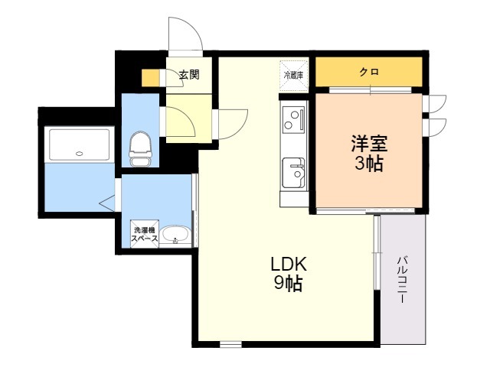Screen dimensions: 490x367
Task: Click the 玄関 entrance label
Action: pyautogui.click(x=189, y=75)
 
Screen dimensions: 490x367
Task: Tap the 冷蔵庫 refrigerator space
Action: pyautogui.click(x=294, y=75)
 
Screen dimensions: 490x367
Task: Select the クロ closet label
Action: pyautogui.click(x=369, y=72)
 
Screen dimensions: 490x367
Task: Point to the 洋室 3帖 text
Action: pyautogui.click(x=369, y=153)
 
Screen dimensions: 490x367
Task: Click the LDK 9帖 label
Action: pyautogui.click(x=289, y=274)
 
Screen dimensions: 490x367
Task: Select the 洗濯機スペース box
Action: pyautogui.click(x=145, y=234)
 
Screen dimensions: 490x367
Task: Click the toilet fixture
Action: pyautogui.click(x=141, y=149)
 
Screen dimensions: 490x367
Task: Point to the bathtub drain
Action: pyautogui.click(x=80, y=153)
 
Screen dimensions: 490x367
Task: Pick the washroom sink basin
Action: pyautogui.click(x=175, y=235)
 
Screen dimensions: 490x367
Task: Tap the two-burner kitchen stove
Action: pyautogui.click(x=293, y=119)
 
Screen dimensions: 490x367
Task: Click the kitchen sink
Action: pyautogui.click(x=293, y=174)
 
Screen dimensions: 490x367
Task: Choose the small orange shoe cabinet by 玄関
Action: pyautogui.click(x=151, y=78)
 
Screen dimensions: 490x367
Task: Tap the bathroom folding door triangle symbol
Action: pyautogui.click(x=107, y=203)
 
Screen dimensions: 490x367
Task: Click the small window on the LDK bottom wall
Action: pyautogui.click(x=230, y=344)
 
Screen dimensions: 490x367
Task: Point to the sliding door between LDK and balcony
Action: pyautogui.click(x=377, y=253)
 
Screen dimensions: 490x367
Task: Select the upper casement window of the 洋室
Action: pyautogui.click(x=434, y=104)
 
